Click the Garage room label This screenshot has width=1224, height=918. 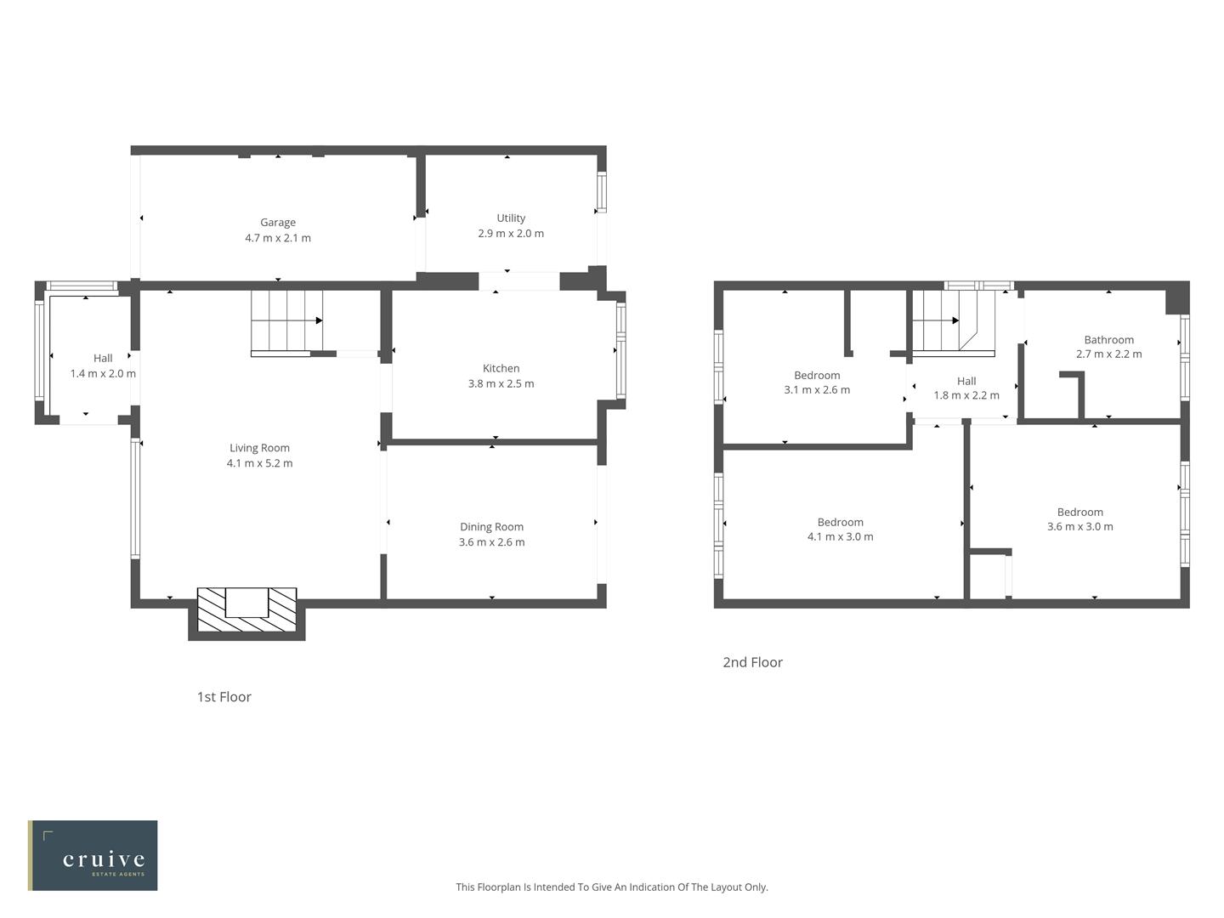278,223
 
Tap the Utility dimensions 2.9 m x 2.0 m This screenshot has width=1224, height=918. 511,234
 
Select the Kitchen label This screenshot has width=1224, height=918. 501,368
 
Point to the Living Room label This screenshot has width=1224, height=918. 259,448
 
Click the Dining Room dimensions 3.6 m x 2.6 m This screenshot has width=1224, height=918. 491,542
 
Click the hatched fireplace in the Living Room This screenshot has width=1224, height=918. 246,609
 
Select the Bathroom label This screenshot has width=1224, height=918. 1108,340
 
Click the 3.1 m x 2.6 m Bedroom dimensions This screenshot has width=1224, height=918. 817,390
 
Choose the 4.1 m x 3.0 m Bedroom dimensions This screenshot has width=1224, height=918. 840,537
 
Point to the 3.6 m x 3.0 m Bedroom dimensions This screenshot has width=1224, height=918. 1079,527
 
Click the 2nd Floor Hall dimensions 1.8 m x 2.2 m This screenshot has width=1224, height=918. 966,395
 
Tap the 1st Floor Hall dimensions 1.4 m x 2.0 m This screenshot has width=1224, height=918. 103,374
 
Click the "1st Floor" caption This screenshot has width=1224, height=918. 224,697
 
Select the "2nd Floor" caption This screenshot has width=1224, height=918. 752,662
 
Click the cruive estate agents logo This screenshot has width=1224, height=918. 93,855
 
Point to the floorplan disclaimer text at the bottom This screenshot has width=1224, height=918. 611,887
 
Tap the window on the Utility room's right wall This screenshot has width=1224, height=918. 602,192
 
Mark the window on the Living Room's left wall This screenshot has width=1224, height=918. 135,498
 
